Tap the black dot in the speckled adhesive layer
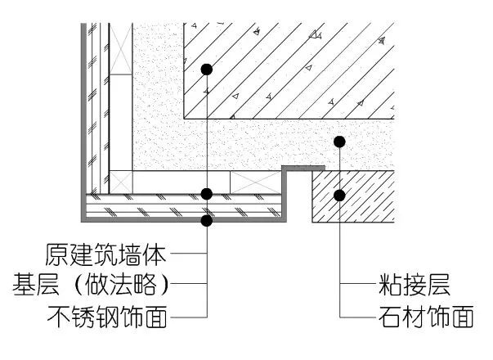(x=339, y=142)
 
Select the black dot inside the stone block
(x=339, y=195)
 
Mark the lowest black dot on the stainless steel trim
(x=208, y=220)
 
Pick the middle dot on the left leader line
(x=208, y=194)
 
